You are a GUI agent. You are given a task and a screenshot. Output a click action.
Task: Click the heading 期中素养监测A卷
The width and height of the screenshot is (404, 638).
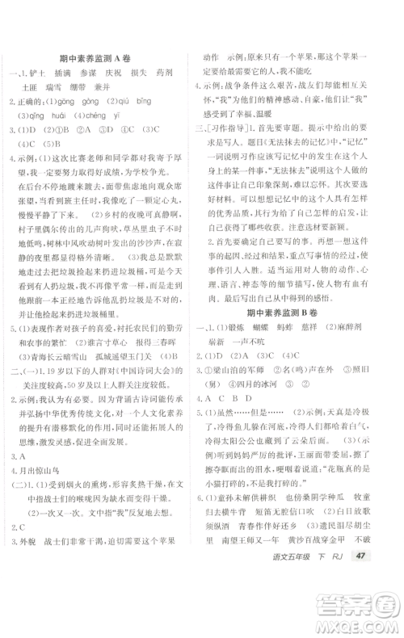click(x=101, y=57)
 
